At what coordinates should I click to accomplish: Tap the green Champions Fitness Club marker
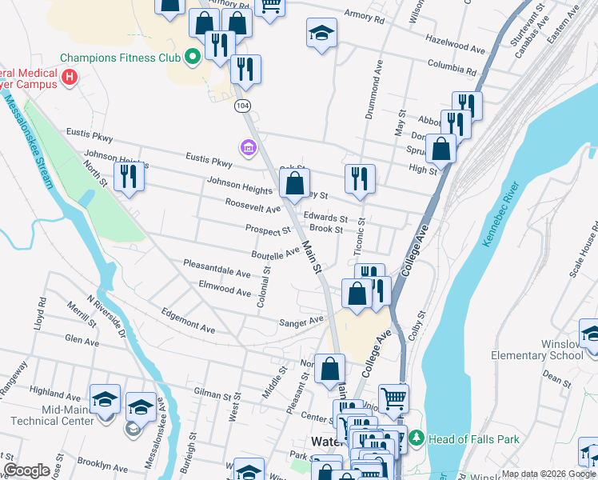point(192,57)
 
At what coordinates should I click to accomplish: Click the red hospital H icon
point(70,78)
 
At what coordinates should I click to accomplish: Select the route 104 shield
point(242,105)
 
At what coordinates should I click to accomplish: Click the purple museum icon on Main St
point(247,148)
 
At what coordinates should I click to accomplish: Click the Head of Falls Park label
point(474,438)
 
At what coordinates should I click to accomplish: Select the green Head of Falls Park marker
point(416,438)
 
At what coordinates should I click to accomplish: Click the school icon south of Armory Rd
point(321,34)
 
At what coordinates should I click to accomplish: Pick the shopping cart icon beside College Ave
point(393,396)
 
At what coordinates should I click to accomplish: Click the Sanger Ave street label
point(301,322)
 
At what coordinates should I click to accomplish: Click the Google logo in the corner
point(26,470)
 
